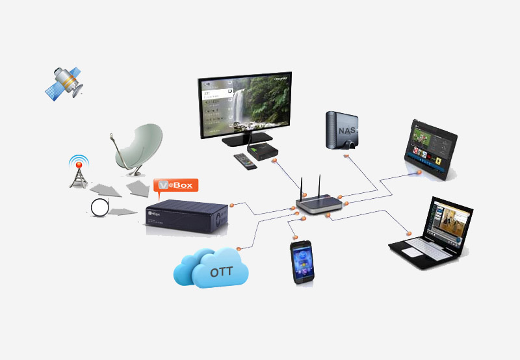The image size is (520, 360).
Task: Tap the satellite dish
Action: [138, 148]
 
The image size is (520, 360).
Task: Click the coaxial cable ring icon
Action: [100, 209]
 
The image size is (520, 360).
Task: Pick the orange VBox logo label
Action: [175, 185]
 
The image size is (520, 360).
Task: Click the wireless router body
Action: [318, 205]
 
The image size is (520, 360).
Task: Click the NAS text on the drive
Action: [346, 133]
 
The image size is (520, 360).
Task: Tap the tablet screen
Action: [430, 148]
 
